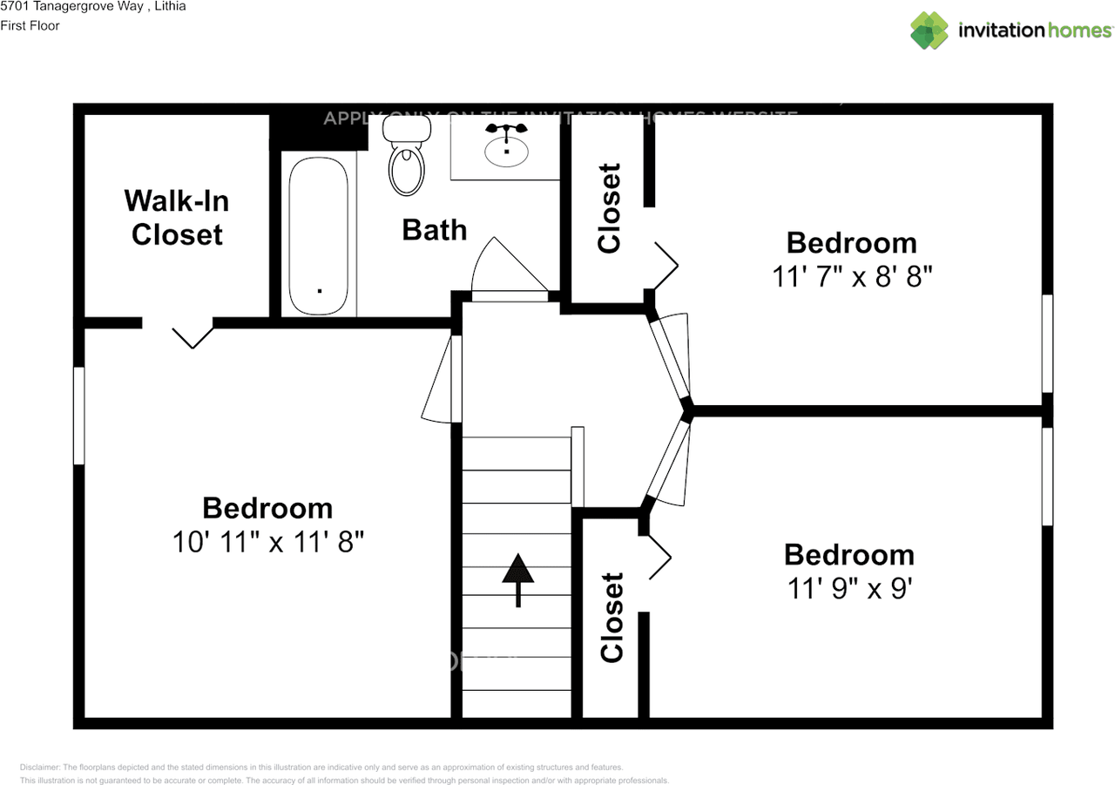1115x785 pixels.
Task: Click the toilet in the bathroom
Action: coord(407,157)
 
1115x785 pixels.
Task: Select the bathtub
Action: coord(319,235)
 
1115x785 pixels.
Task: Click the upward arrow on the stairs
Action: coord(518,579)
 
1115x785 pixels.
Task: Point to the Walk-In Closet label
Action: coord(177,218)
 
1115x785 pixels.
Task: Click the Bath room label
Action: coord(434,230)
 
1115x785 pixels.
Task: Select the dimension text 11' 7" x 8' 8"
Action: coord(852,277)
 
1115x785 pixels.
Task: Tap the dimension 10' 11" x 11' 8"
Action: coord(267,542)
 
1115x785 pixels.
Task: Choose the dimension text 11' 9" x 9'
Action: coord(848,589)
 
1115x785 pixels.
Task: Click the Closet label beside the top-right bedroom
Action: coord(610,208)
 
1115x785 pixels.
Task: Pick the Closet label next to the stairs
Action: coord(612,617)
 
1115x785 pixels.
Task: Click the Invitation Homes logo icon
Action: coord(929,30)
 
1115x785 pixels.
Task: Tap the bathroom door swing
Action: coord(507,270)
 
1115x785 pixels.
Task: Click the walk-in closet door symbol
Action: coord(193,336)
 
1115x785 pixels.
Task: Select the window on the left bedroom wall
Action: coord(79,415)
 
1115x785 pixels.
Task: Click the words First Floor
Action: coord(30,26)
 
